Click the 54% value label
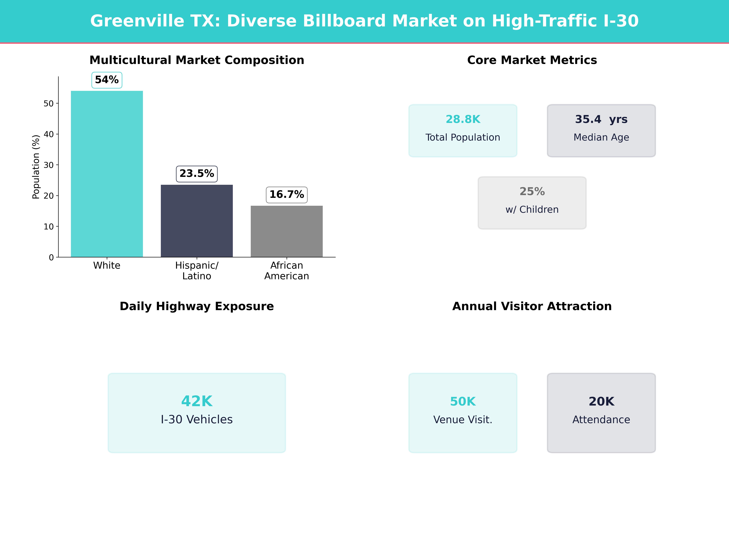click(x=107, y=80)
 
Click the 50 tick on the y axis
click(x=48, y=103)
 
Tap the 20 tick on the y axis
click(x=48, y=196)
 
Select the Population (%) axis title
click(x=36, y=167)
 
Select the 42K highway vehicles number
click(x=197, y=401)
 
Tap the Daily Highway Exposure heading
click(x=197, y=306)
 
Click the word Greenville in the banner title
click(x=137, y=21)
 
